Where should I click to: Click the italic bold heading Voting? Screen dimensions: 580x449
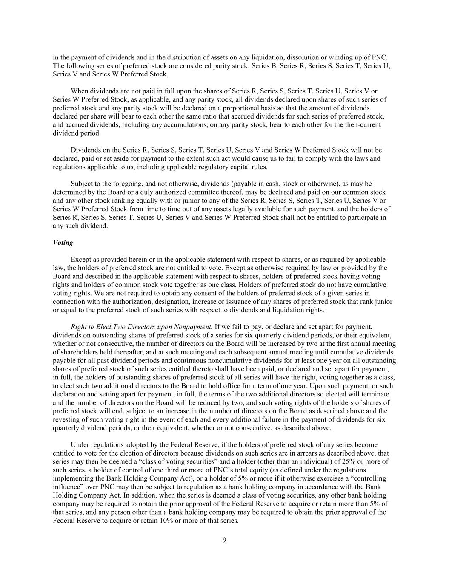[x=63, y=243]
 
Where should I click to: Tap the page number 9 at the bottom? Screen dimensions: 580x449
[x=224, y=540]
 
